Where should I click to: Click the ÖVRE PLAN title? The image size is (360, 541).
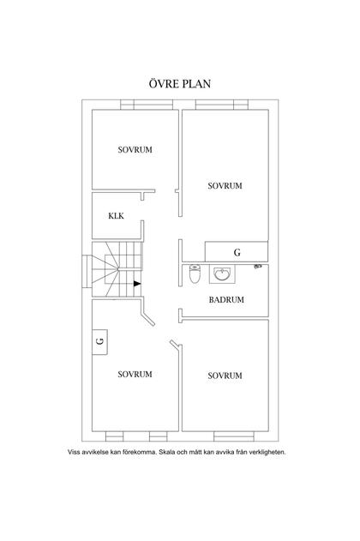[180, 84]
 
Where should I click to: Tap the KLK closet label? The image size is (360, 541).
[116, 216]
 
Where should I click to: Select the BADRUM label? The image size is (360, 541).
[226, 300]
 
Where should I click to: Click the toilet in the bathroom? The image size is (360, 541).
[195, 274]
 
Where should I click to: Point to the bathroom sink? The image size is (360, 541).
[222, 274]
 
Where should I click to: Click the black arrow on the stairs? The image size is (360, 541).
[137, 284]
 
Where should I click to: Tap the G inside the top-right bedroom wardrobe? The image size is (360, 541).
[237, 253]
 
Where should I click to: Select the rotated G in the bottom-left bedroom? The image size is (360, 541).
[100, 341]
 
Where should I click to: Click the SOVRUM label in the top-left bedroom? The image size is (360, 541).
[135, 150]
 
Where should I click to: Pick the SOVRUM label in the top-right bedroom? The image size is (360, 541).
[225, 186]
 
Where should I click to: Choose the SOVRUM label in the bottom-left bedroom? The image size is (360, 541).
[135, 375]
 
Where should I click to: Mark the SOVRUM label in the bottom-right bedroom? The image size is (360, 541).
[225, 376]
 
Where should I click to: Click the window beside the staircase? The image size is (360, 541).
[87, 271]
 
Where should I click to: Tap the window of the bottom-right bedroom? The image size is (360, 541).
[234, 436]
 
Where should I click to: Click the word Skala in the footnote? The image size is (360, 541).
[167, 452]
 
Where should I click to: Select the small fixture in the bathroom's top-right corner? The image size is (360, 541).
[258, 267]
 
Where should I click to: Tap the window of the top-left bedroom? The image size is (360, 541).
[147, 105]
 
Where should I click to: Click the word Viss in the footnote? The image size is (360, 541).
[74, 452]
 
